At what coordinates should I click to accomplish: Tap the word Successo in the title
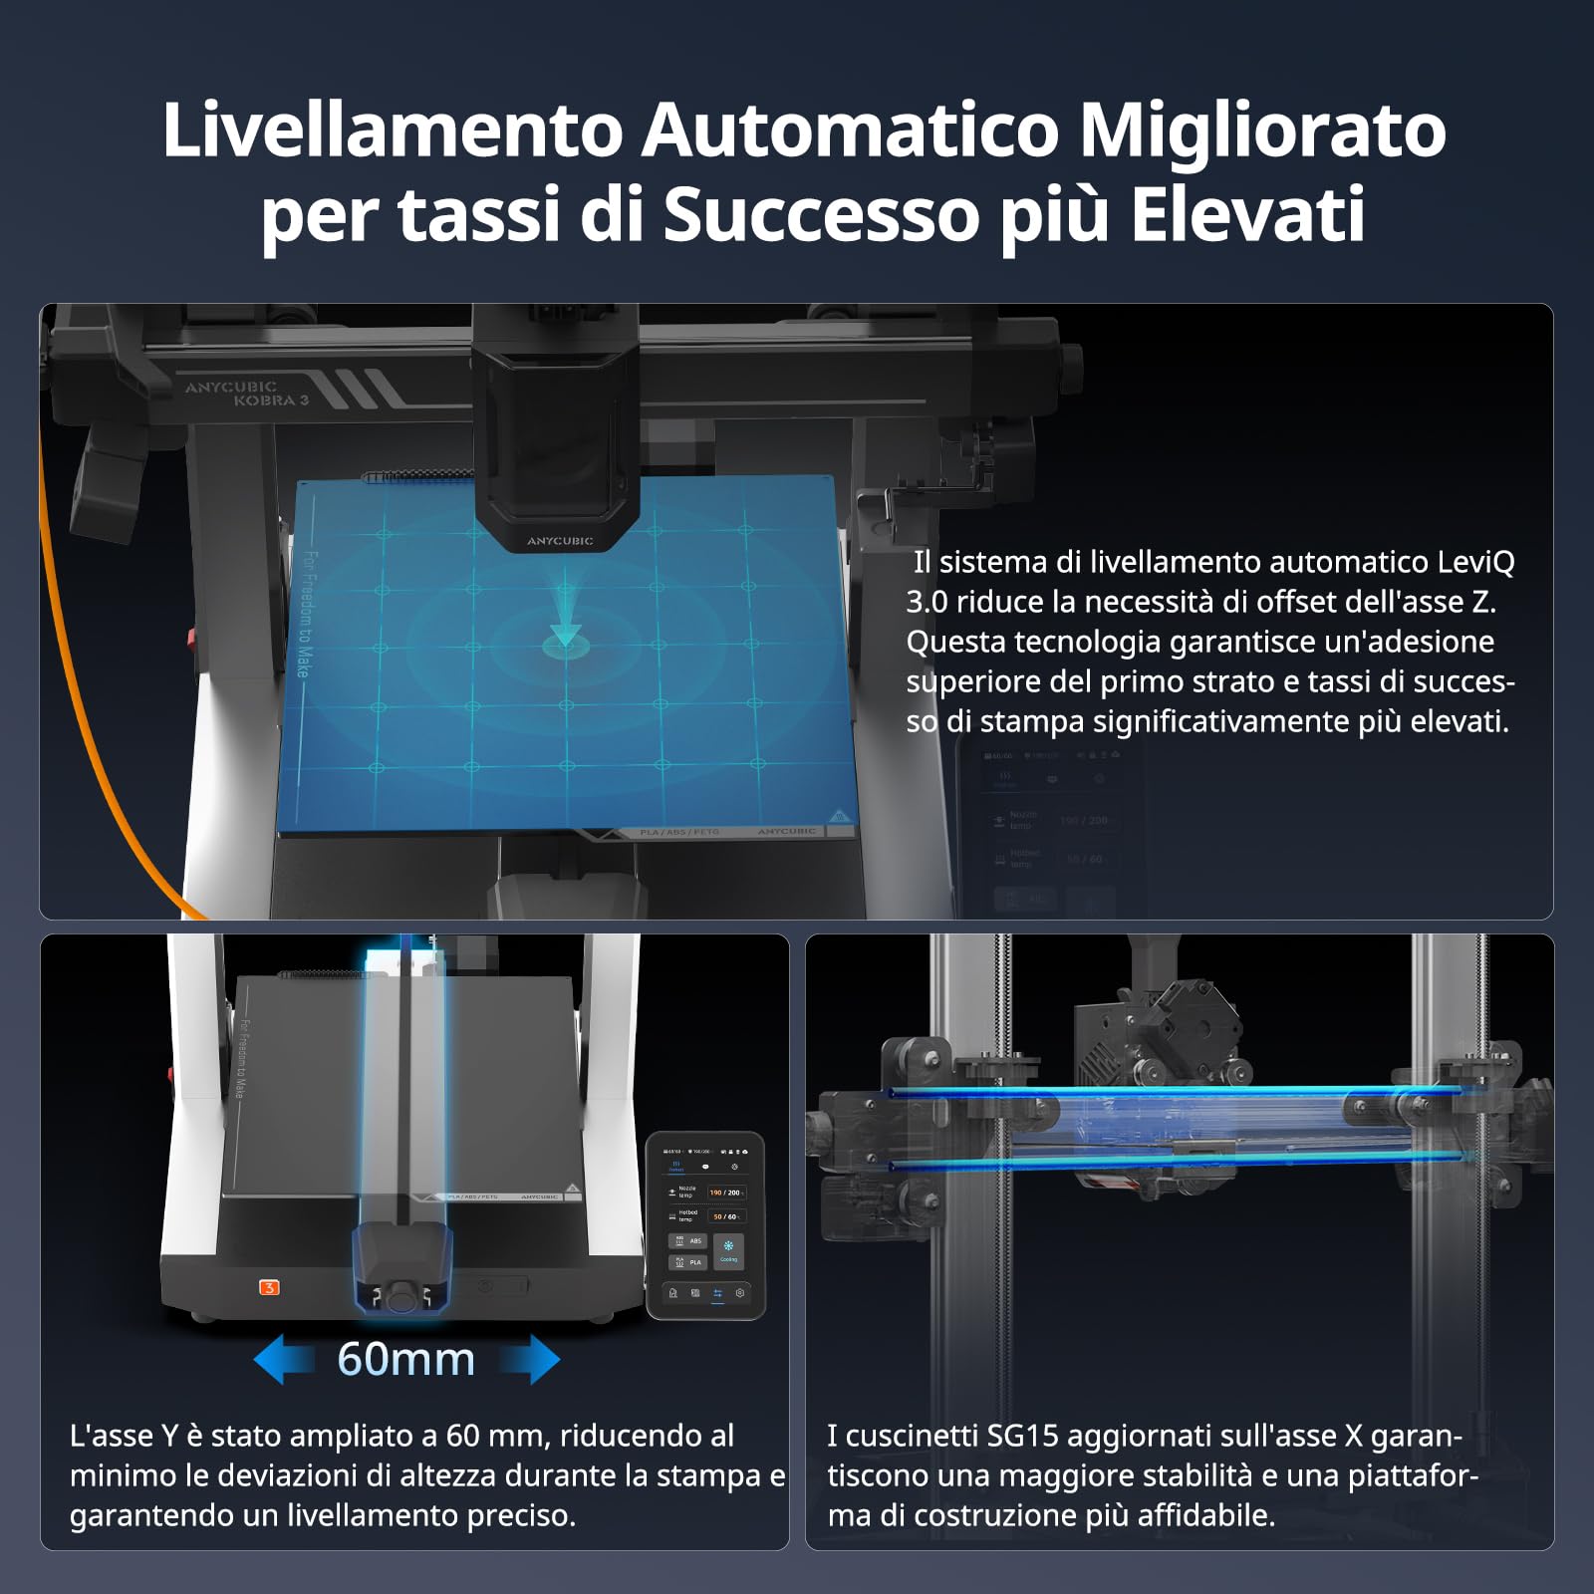point(822,214)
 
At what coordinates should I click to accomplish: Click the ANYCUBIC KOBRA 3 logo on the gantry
point(245,393)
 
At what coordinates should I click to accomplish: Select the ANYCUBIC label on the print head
point(559,541)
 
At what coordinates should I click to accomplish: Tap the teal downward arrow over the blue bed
point(565,622)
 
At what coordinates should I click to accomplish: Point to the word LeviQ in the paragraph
point(1475,562)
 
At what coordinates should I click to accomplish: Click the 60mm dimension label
point(406,1359)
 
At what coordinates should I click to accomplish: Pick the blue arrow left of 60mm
point(284,1360)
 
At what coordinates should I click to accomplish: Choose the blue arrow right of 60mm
point(530,1360)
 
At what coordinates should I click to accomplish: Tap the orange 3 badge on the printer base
point(269,1287)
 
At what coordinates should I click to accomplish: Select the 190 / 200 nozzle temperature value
point(725,1193)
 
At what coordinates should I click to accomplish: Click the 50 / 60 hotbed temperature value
point(725,1216)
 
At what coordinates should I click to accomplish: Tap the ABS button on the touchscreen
point(688,1241)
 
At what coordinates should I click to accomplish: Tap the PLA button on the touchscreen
point(688,1262)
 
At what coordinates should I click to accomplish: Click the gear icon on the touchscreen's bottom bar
point(740,1293)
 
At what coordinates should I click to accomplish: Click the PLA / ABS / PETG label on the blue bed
point(679,832)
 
